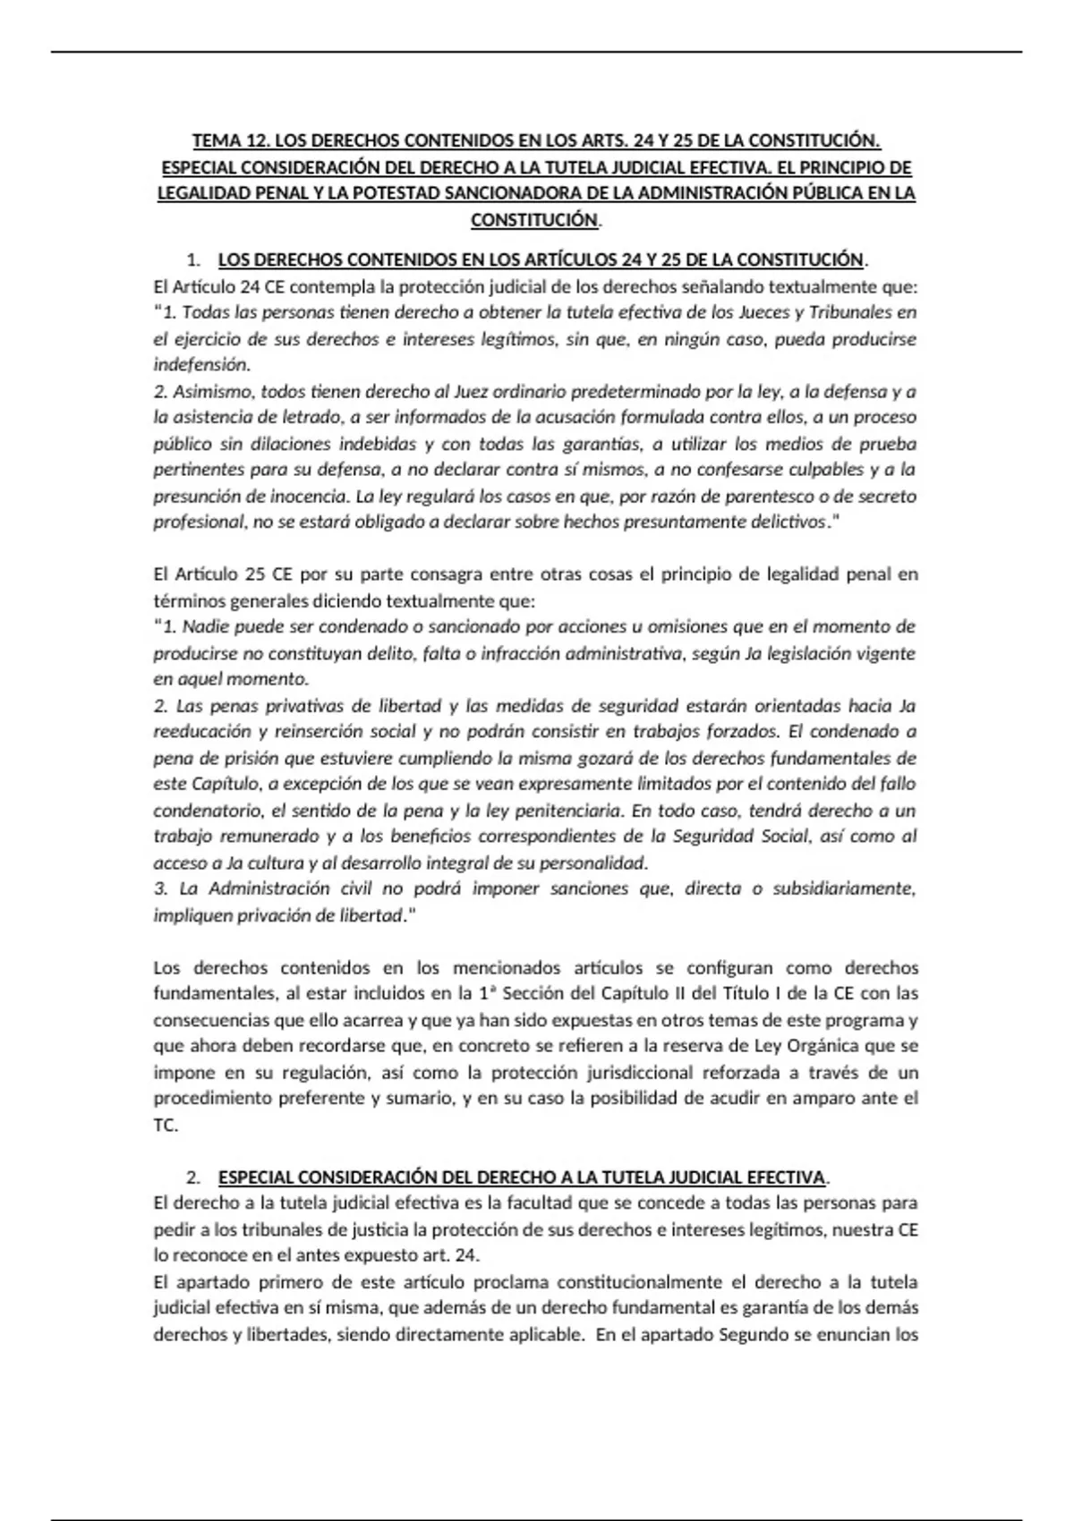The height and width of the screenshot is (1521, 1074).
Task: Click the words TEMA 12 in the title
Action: pos(228,141)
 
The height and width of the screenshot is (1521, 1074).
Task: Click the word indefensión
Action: pos(201,365)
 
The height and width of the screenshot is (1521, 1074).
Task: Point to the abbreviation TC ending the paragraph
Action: pos(164,1126)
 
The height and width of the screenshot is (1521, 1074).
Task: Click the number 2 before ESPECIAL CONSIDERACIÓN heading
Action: pos(192,1177)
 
